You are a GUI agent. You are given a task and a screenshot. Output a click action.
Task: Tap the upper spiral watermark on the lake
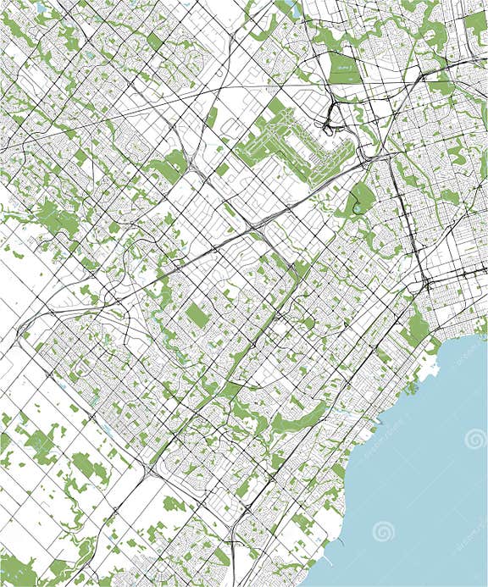[x=475, y=439]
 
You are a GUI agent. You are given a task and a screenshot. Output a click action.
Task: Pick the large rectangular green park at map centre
[x=198, y=316]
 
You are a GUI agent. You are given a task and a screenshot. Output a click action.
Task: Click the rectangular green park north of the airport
[x=343, y=68]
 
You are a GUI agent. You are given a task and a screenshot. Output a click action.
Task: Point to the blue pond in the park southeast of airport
[x=357, y=208]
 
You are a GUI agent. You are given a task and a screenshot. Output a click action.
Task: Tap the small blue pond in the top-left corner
[x=40, y=8]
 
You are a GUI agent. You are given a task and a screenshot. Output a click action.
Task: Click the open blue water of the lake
[x=424, y=474]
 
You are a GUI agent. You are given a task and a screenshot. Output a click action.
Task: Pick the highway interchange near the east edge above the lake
[x=428, y=284]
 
